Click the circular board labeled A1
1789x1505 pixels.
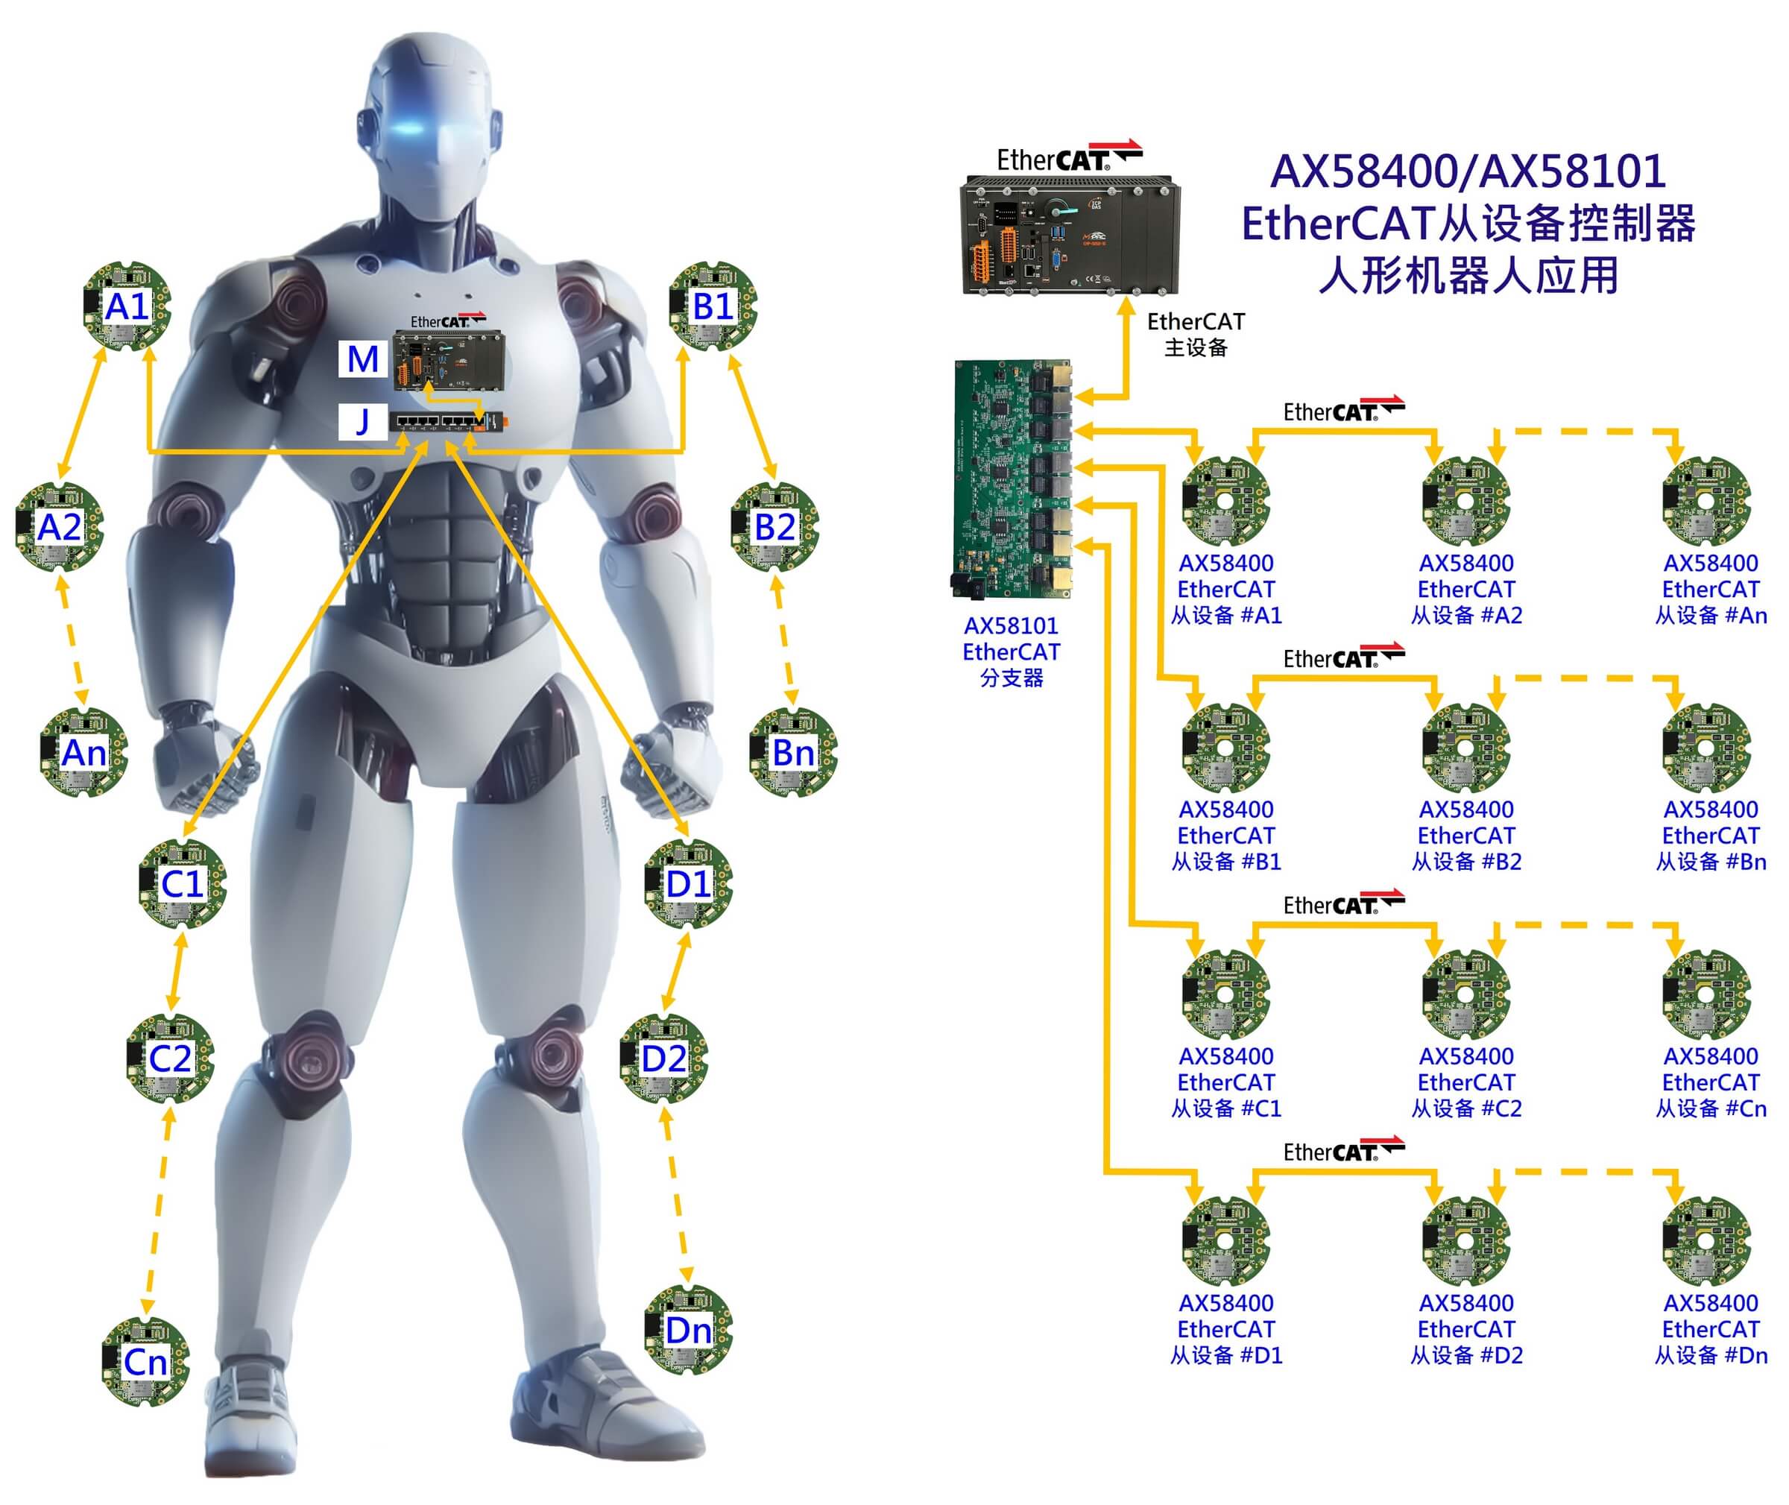127,306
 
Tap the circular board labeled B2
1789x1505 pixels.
774,526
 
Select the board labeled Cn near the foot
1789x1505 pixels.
145,1361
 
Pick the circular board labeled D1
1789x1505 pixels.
687,884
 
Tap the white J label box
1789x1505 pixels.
362,421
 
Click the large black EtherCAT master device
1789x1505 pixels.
1070,235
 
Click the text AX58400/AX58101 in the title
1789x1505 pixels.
1468,171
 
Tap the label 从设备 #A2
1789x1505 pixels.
1465,615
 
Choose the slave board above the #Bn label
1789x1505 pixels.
1706,748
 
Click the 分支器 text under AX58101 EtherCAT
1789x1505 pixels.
1011,678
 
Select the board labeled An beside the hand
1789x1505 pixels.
83,753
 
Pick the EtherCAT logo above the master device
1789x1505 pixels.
1069,157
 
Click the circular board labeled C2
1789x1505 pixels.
170,1058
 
